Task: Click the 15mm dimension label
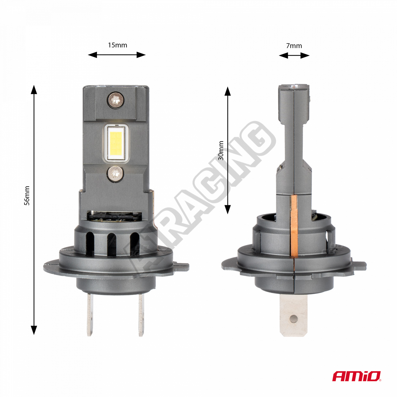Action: tap(118, 45)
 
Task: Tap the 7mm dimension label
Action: tap(294, 45)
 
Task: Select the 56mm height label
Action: tap(27, 196)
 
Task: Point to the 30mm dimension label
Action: tap(221, 151)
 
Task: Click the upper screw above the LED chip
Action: tap(115, 100)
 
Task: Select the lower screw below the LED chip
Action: tap(115, 174)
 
